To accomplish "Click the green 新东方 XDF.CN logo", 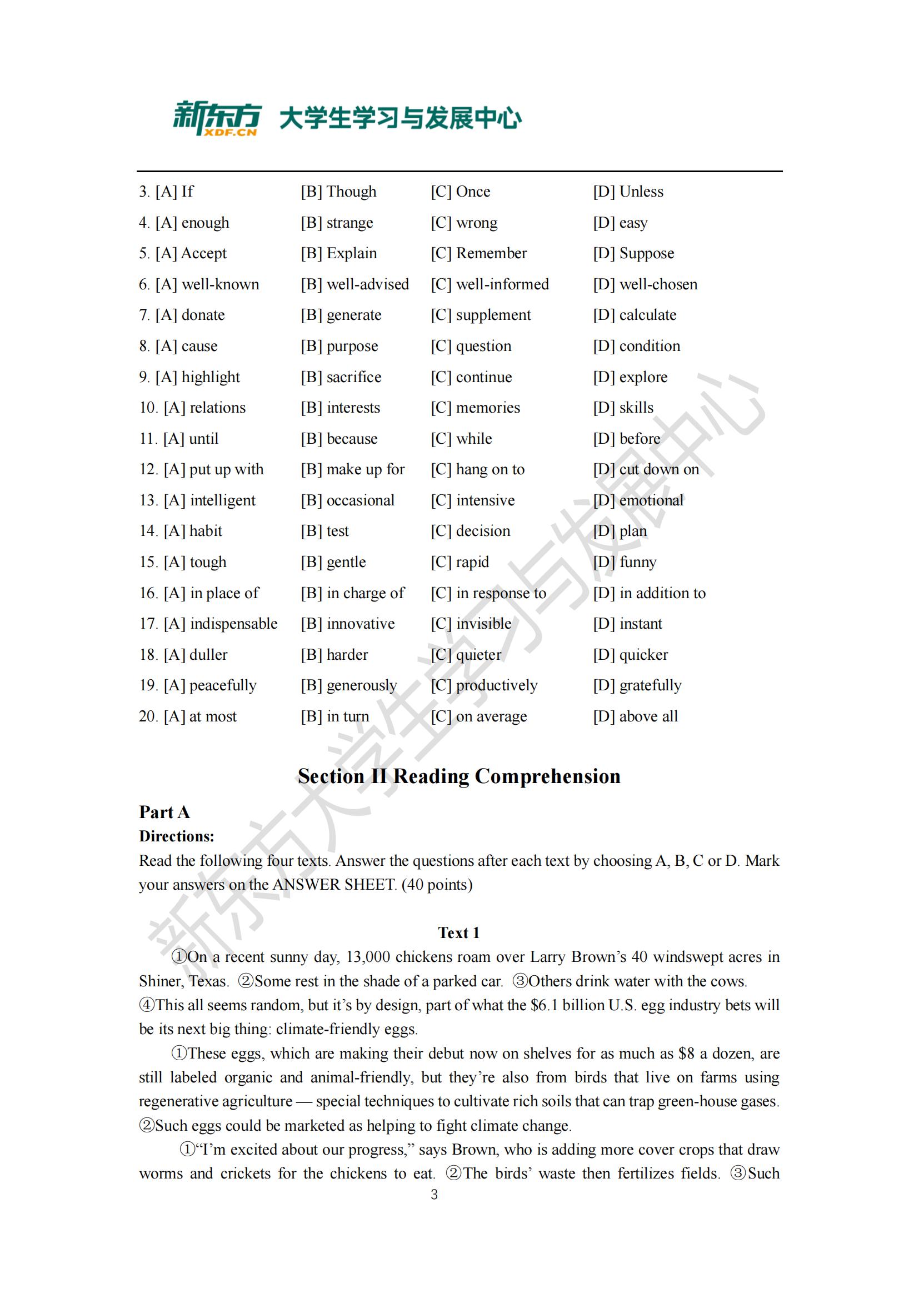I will pyautogui.click(x=217, y=118).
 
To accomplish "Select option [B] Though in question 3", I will pyautogui.click(x=338, y=192).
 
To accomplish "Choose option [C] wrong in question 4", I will pyautogui.click(x=464, y=223).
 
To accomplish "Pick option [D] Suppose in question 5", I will pyautogui.click(x=633, y=253).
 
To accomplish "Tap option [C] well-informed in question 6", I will pyautogui.click(x=490, y=284).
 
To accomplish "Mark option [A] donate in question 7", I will pyautogui.click(x=182, y=315).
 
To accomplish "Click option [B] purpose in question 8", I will pyautogui.click(x=339, y=346).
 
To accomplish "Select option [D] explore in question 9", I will pyautogui.click(x=630, y=377).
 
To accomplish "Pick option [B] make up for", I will pyautogui.click(x=353, y=470).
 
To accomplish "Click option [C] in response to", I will pyautogui.click(x=488, y=594).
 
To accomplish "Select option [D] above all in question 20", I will pyautogui.click(x=635, y=717).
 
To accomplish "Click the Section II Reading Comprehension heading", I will pyautogui.click(x=459, y=776).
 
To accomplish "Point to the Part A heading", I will pyautogui.click(x=164, y=812).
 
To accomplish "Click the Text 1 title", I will pyautogui.click(x=459, y=932).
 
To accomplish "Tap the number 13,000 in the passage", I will pyautogui.click(x=368, y=957).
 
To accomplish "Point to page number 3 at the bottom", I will pyautogui.click(x=434, y=1195).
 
